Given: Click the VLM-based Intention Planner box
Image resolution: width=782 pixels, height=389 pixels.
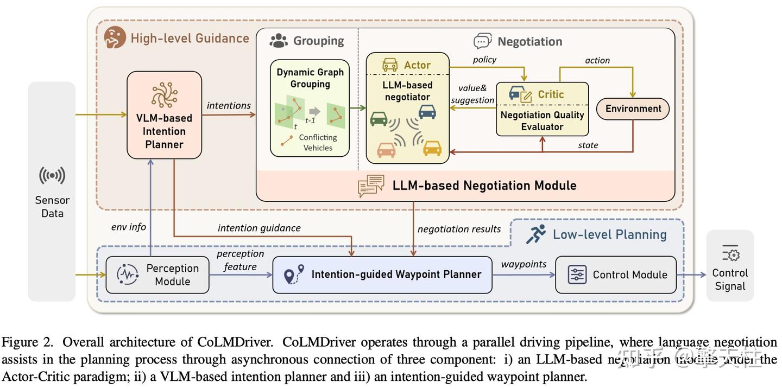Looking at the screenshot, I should (164, 115).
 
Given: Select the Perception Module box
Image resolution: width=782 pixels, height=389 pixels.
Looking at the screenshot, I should (157, 275).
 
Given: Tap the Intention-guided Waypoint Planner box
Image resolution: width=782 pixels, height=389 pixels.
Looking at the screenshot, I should (382, 275).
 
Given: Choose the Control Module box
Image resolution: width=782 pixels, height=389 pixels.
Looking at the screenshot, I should (616, 275).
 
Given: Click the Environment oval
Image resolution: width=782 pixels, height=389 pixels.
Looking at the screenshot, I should (633, 109).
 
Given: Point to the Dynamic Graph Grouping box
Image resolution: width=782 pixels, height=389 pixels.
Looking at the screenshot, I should (310, 108).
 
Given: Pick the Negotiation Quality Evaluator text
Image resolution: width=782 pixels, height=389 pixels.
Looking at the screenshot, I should (542, 121).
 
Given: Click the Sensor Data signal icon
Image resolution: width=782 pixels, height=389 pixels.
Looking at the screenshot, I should (52, 175).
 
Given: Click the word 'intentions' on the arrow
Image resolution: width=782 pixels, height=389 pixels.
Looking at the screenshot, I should (229, 105).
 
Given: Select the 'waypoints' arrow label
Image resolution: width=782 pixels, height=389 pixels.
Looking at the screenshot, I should (524, 264).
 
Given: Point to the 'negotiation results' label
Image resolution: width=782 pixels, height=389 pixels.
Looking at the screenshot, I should (459, 229).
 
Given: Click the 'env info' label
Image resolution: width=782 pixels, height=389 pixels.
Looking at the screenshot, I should (129, 227).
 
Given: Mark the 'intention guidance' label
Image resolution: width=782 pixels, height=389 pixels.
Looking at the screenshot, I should (259, 228).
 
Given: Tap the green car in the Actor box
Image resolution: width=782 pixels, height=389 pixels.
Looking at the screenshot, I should (379, 118).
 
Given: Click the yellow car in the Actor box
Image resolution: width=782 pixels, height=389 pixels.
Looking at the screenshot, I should (432, 148).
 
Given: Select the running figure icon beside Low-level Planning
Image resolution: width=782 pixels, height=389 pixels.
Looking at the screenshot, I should (535, 234).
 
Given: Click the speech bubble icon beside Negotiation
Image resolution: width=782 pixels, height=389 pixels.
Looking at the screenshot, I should (482, 41).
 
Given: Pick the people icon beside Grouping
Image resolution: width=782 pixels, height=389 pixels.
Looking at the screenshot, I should (279, 40).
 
